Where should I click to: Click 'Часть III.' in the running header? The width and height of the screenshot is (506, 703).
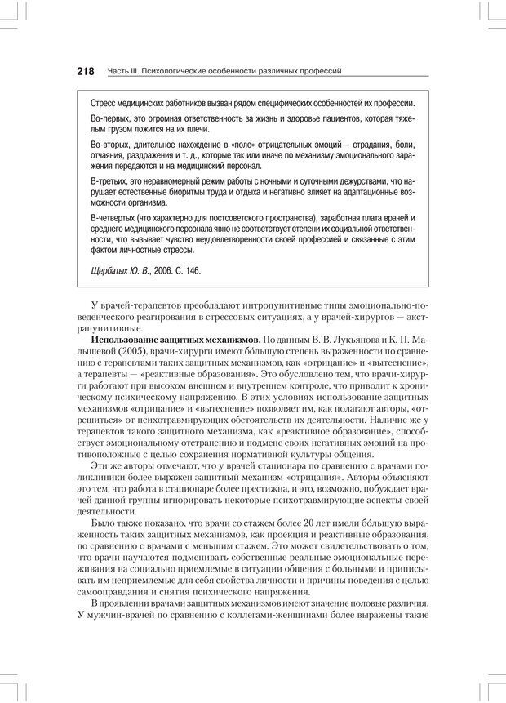pyautogui.click(x=122, y=73)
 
